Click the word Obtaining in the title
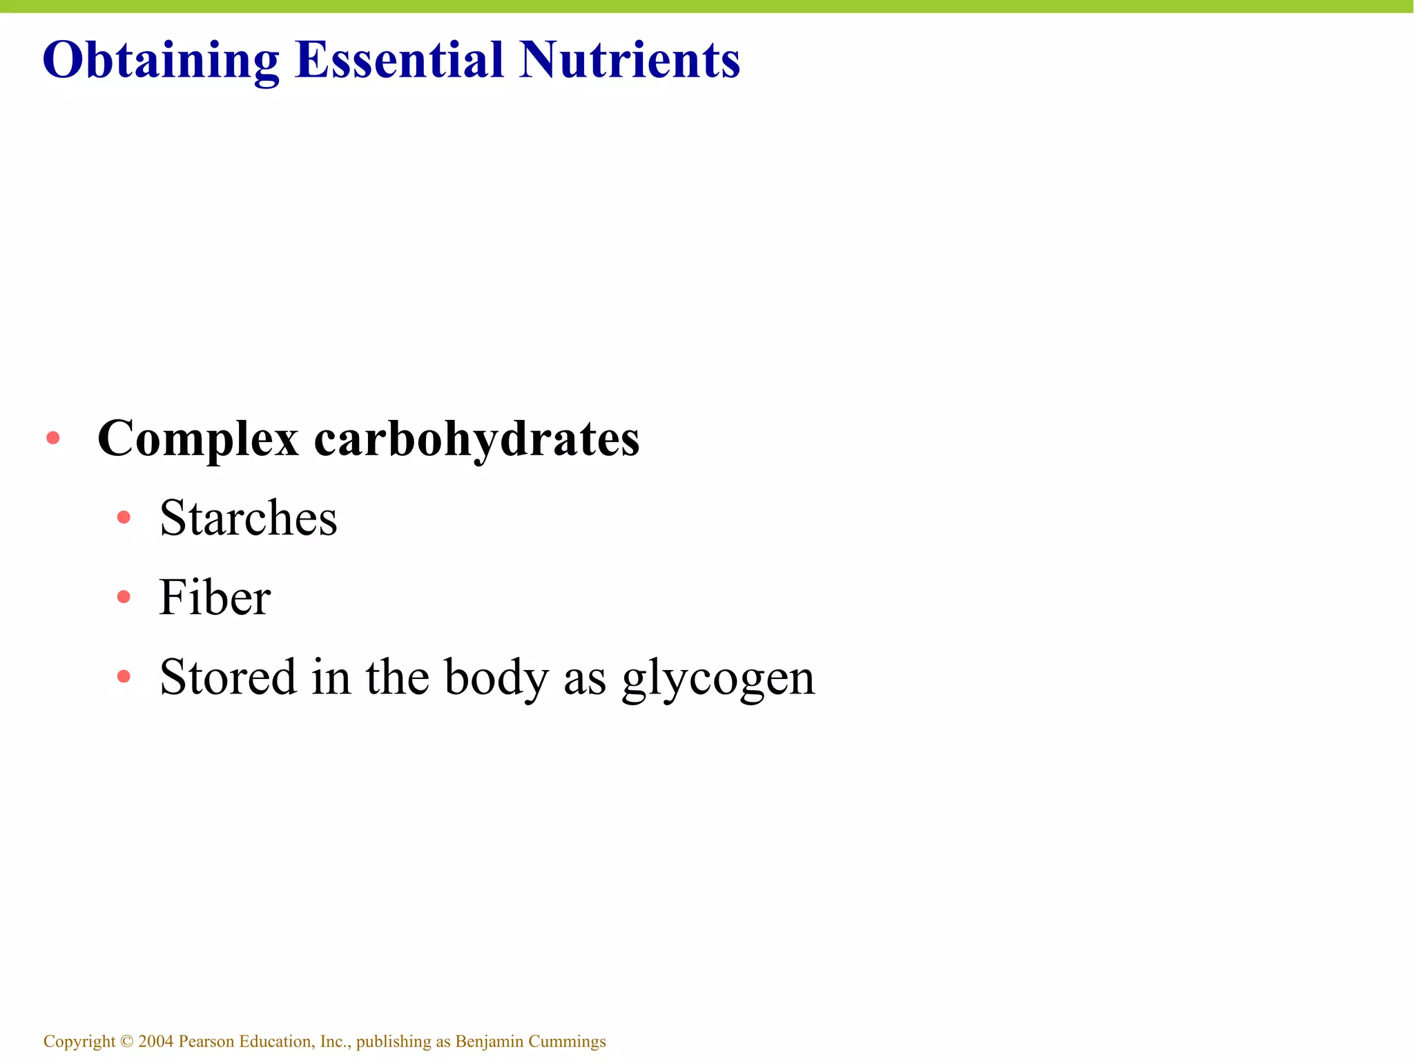pos(161,61)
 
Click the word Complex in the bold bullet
pos(198,439)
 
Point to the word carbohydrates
pos(476,439)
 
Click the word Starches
pos(249,518)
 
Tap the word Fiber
pos(215,598)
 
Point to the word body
pos(496,678)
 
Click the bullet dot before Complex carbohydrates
pos(53,438)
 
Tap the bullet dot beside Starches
pos(124,517)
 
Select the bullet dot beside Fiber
pos(124,597)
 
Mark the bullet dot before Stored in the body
pos(124,676)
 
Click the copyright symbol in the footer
pos(126,1041)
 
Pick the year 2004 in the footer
pos(155,1041)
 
